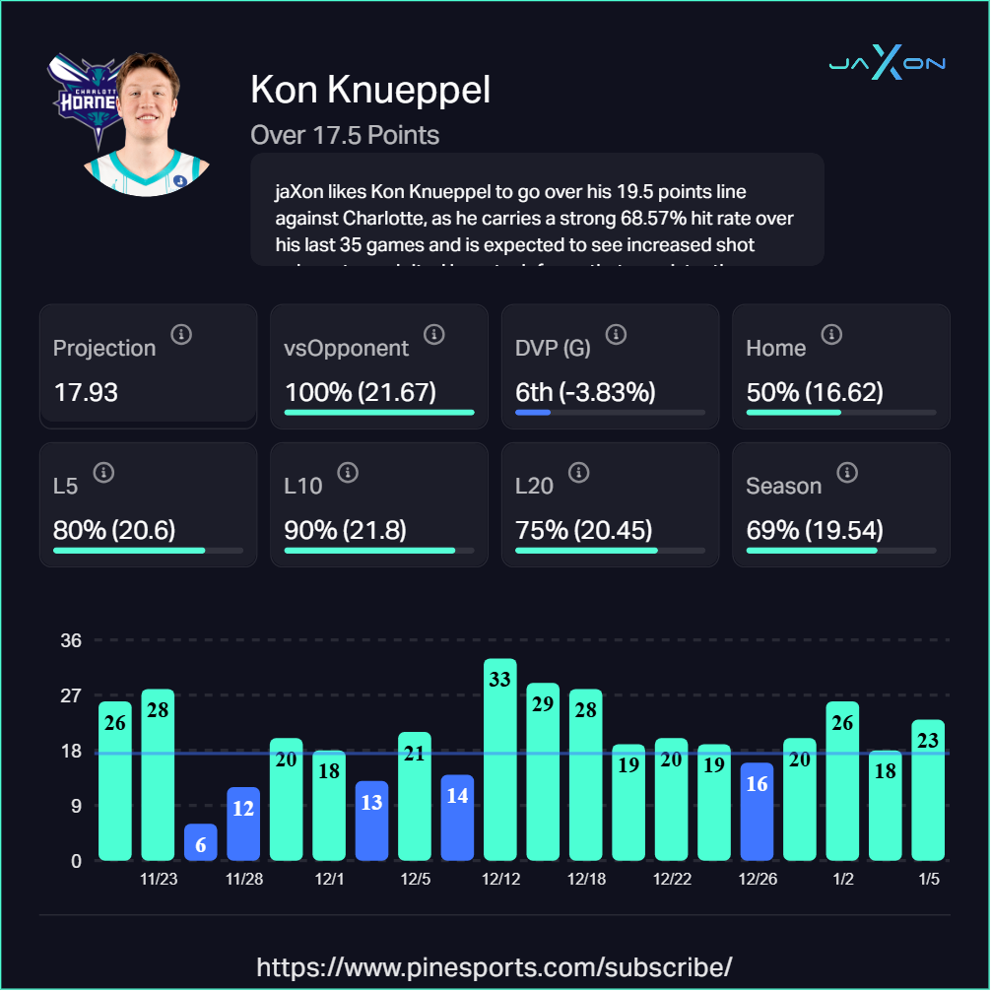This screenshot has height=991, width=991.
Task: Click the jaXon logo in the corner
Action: (887, 64)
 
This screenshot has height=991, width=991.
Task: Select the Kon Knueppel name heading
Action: (370, 91)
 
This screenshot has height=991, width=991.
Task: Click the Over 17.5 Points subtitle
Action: (345, 135)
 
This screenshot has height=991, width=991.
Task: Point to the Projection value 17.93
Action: (86, 392)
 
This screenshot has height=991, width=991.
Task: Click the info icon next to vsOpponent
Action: (433, 335)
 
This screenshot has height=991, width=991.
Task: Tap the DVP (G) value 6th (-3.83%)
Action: (585, 392)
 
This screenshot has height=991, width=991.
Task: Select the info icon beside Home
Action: (831, 335)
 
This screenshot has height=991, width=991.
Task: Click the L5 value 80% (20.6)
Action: (114, 530)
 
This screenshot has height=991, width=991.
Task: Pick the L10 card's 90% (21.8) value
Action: (345, 530)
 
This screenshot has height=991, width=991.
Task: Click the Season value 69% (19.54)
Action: (815, 530)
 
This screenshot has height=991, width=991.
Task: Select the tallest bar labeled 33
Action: (500, 759)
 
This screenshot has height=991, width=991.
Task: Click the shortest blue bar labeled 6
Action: (201, 842)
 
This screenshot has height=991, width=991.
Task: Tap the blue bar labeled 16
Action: (757, 812)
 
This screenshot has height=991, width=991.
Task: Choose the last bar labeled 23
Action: (928, 790)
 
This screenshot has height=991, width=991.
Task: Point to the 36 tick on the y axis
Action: (71, 640)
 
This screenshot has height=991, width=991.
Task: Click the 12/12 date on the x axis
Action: (500, 879)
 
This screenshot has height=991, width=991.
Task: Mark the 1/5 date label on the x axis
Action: (928, 879)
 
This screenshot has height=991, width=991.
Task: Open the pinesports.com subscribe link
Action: (495, 965)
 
